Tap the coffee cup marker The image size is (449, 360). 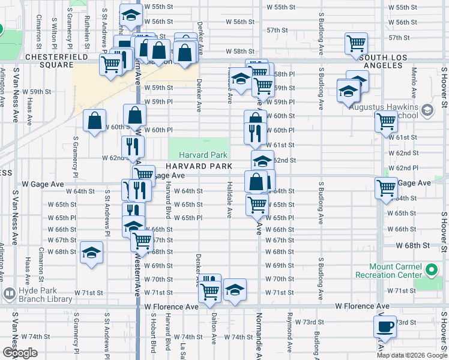[x=384, y=327]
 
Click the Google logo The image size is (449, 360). [x=20, y=353]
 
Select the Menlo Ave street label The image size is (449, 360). [x=415, y=83]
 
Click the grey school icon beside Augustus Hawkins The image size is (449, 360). [x=427, y=110]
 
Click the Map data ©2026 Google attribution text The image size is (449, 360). [x=411, y=355]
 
